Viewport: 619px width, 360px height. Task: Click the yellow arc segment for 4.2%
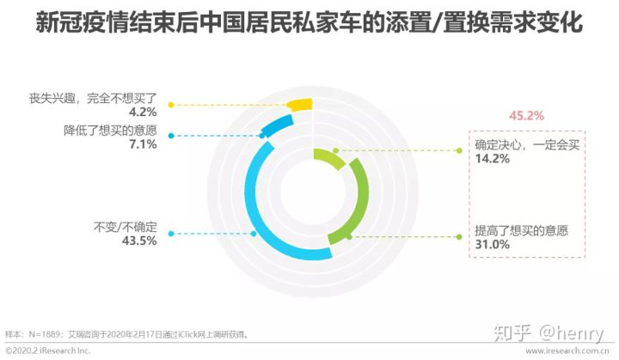click(301, 105)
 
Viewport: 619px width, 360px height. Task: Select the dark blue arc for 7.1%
click(278, 125)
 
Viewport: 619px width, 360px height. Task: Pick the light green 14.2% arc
click(329, 157)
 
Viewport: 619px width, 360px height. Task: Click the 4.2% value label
click(143, 112)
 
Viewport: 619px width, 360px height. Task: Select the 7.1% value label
click(143, 144)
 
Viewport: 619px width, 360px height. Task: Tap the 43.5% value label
click(139, 241)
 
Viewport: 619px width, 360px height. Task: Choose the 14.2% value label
click(493, 159)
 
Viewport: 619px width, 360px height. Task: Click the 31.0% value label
click(493, 244)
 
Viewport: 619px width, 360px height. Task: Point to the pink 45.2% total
click(527, 116)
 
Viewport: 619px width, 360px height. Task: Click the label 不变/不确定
click(126, 227)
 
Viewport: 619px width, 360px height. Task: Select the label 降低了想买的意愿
click(111, 131)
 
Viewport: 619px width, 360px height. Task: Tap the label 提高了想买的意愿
click(522, 230)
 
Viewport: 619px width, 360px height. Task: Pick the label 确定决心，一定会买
click(527, 145)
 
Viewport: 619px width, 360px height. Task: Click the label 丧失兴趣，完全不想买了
click(93, 98)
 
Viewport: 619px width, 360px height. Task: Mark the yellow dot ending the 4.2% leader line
click(171, 105)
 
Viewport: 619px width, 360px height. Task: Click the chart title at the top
click(309, 22)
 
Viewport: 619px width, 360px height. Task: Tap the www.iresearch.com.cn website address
click(567, 351)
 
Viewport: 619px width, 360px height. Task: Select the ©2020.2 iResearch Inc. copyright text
click(48, 351)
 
